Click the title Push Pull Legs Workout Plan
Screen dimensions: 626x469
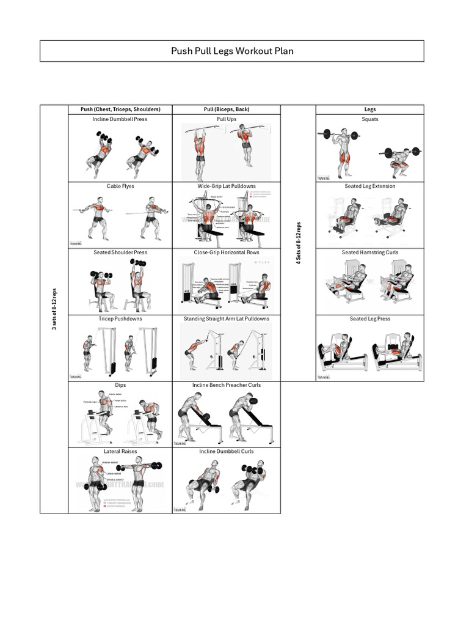[232, 51]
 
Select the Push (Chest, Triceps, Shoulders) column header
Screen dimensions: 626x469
[120, 109]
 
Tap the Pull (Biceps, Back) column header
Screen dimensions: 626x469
[227, 109]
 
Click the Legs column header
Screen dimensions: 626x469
[369, 109]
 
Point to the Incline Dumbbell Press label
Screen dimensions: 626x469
[120, 119]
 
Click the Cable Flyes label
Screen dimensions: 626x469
[120, 186]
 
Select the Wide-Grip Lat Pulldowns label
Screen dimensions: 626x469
[227, 186]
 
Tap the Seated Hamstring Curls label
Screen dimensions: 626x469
[369, 252]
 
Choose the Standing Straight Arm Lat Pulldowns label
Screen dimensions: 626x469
[227, 319]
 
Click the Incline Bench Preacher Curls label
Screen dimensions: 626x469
[227, 385]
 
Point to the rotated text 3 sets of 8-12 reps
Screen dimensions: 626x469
[54, 309]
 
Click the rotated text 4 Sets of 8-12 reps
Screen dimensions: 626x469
[298, 243]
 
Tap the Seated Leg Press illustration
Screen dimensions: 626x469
[369, 352]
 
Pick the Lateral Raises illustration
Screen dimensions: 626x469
[120, 484]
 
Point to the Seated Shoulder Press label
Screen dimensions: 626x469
[120, 252]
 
